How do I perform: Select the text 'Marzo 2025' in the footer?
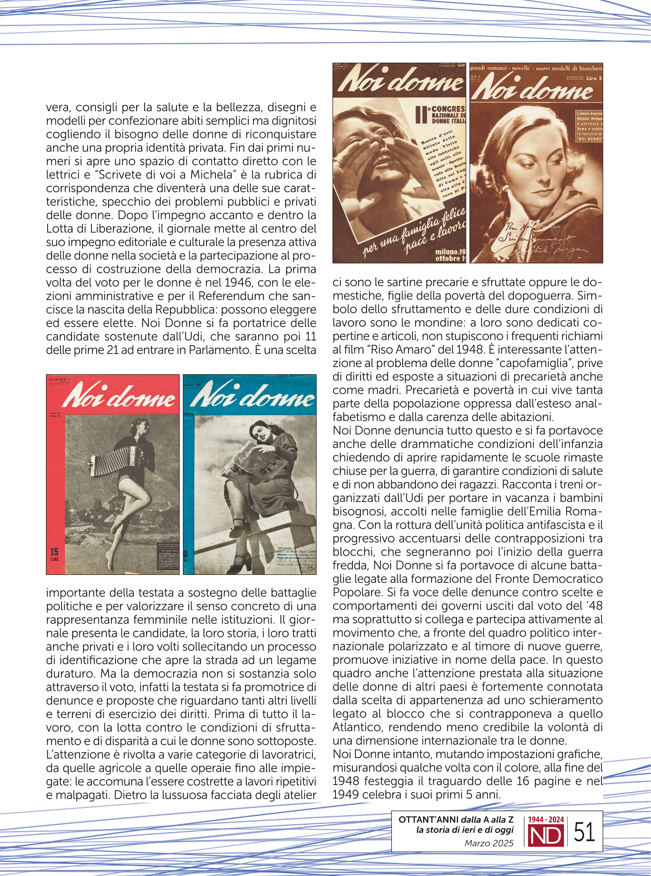[489, 843]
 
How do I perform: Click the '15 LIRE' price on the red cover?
[54, 554]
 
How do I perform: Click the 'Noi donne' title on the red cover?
[118, 396]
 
